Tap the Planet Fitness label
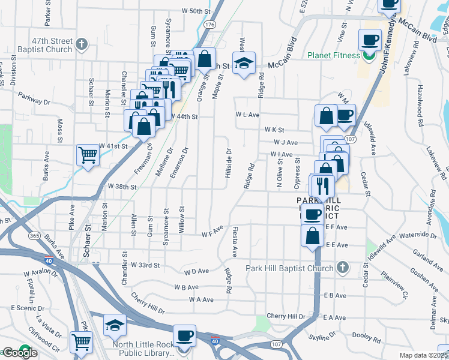click(334, 56)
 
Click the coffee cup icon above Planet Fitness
click(370, 40)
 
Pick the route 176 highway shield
click(209, 25)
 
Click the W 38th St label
click(122, 187)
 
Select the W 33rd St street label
click(145, 265)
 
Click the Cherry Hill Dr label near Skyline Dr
click(286, 316)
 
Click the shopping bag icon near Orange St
click(205, 59)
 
